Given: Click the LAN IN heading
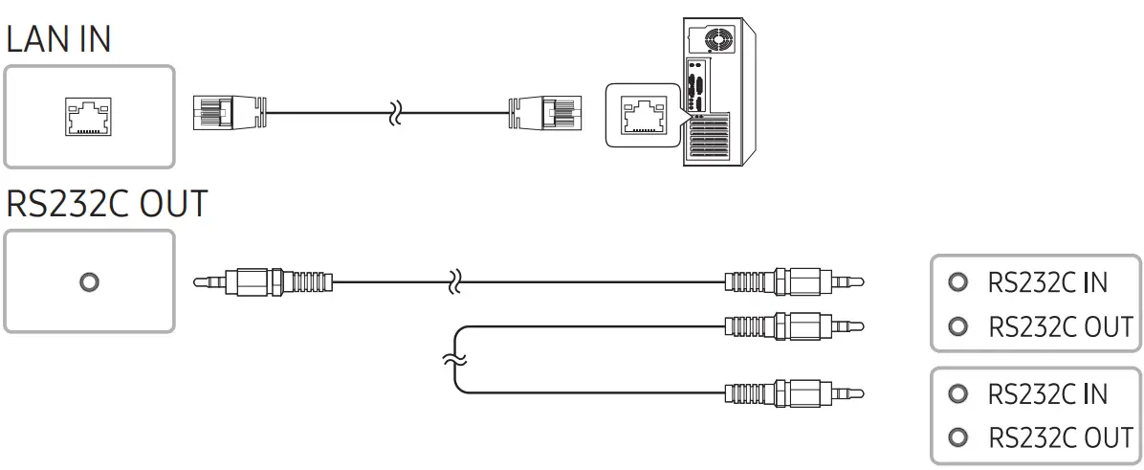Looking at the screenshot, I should pyautogui.click(x=59, y=39).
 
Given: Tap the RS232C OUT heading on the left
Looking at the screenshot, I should pyautogui.click(x=106, y=204).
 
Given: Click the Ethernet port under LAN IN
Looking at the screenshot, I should pyautogui.click(x=89, y=117).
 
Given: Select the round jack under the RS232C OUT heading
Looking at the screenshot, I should pyautogui.click(x=89, y=282).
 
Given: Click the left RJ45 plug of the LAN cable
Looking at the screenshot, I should pyautogui.click(x=228, y=113).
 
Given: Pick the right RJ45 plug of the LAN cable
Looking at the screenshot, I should pyautogui.click(x=544, y=113).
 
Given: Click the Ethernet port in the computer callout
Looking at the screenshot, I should pyautogui.click(x=646, y=114).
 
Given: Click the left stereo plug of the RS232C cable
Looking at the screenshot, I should pyautogui.click(x=264, y=282).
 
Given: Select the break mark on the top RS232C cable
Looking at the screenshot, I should pyautogui.click(x=456, y=282).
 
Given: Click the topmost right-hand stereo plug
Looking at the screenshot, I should pyautogui.click(x=794, y=282).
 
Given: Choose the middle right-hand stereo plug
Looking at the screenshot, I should pyautogui.click(x=794, y=326).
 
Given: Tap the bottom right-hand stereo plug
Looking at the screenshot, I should pyautogui.click(x=794, y=392).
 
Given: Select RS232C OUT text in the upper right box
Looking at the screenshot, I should pyautogui.click(x=1060, y=327).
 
